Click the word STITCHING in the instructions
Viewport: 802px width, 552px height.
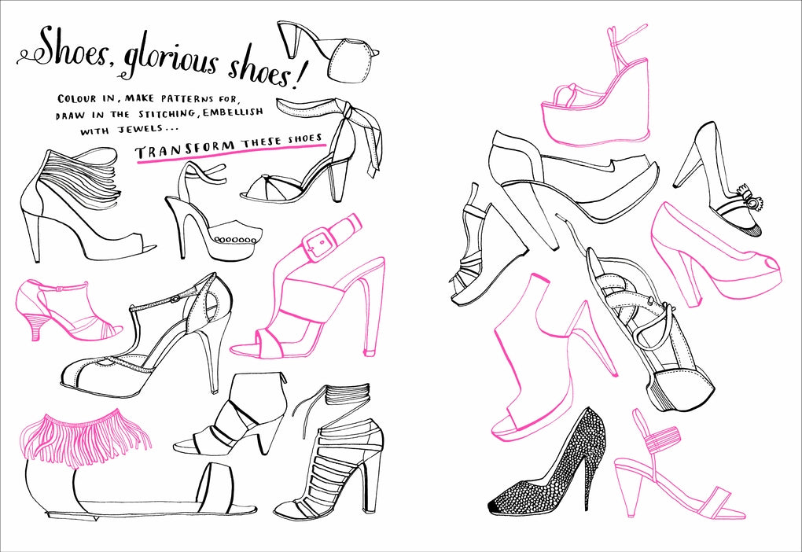tap(164, 115)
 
